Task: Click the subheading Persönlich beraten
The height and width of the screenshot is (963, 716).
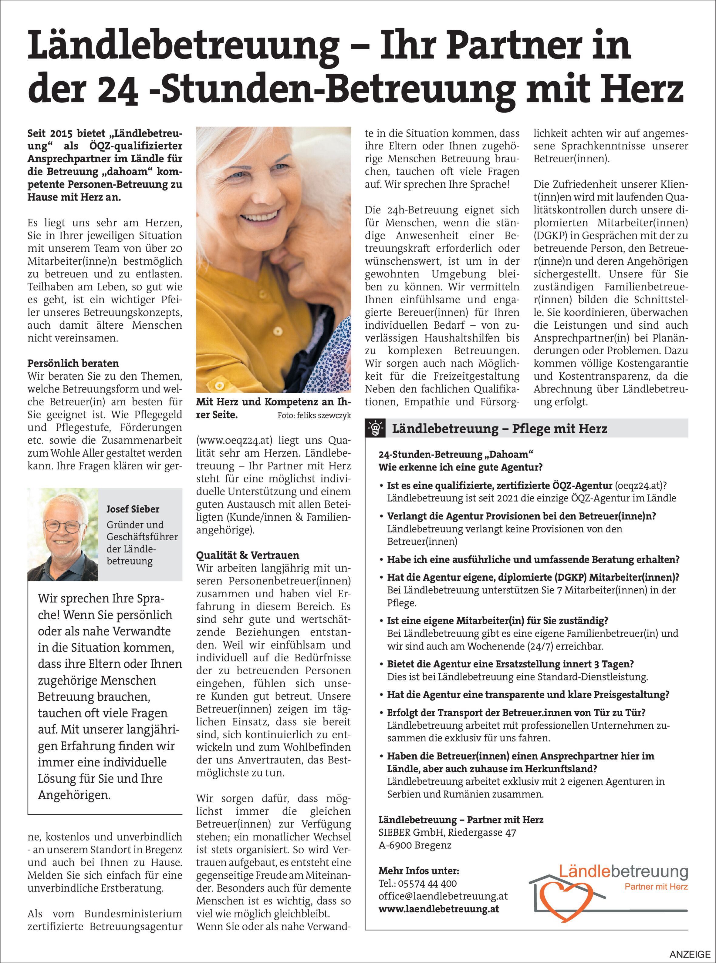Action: (73, 363)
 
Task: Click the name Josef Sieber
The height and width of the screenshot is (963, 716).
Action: (133, 509)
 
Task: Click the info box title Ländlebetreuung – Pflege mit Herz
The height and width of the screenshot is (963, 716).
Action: (499, 429)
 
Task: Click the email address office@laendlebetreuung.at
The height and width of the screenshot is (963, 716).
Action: (443, 896)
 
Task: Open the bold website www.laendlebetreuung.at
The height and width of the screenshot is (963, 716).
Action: (439, 909)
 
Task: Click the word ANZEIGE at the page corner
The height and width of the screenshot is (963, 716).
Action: (690, 954)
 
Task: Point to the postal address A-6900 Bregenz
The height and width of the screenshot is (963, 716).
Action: (415, 845)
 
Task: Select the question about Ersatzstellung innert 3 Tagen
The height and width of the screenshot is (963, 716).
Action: (510, 664)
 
